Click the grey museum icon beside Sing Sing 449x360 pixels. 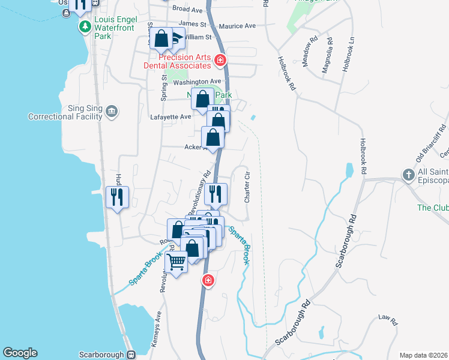112,112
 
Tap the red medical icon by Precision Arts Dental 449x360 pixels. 220,60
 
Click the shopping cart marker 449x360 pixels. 176,262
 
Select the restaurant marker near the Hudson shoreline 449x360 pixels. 117,196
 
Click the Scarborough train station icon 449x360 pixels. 131,355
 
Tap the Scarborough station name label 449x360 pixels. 101,355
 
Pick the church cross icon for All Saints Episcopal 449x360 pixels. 408,175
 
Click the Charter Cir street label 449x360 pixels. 246,187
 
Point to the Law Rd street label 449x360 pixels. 388,321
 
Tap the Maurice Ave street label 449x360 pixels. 237,26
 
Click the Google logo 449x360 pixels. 20,353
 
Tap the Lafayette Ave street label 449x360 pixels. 170,116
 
